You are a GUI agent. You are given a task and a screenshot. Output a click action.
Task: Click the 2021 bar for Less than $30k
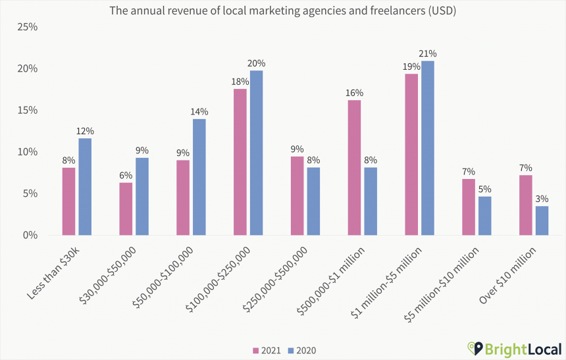(x=68, y=201)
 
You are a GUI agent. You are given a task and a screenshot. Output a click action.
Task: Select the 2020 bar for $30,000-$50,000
(x=142, y=196)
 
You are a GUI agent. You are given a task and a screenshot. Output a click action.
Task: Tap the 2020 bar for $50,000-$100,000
(x=199, y=176)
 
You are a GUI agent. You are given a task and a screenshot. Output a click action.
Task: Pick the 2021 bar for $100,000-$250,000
(x=240, y=162)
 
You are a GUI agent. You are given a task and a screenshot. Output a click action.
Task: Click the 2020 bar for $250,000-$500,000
(x=313, y=201)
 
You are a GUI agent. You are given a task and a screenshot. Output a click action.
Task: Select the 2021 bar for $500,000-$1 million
(x=354, y=167)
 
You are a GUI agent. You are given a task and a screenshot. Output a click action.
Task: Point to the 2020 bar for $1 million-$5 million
(x=428, y=148)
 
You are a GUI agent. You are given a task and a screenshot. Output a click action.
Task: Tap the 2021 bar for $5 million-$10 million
(x=469, y=207)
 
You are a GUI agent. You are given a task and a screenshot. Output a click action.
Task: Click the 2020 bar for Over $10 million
(x=542, y=220)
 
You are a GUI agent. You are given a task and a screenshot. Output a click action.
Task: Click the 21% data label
(x=428, y=53)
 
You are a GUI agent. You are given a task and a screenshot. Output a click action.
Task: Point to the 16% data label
(x=354, y=93)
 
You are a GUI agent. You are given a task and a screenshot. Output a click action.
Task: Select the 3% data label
(x=542, y=199)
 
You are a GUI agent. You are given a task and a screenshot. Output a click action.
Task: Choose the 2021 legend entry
(x=267, y=350)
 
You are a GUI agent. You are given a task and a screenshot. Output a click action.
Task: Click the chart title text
(x=283, y=11)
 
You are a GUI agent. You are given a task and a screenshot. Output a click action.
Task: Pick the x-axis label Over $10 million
(x=509, y=274)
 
